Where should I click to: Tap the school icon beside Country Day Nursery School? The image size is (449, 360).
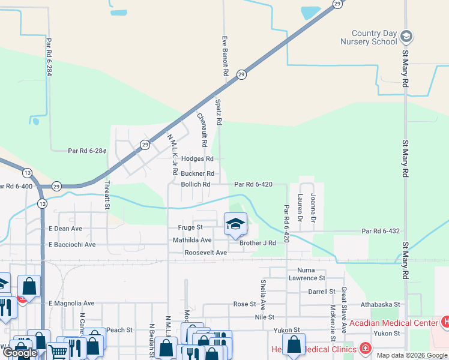click(x=406, y=37)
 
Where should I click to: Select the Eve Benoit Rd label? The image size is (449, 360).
click(x=226, y=55)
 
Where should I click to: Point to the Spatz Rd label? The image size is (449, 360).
click(x=219, y=112)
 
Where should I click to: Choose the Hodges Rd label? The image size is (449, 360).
click(x=197, y=158)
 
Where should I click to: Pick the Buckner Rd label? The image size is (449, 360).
click(x=197, y=173)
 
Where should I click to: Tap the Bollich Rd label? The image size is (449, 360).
click(x=196, y=184)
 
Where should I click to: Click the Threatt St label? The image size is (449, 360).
click(x=108, y=194)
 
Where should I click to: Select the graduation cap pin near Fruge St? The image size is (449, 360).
click(x=235, y=224)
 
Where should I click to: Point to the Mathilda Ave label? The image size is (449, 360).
click(x=193, y=240)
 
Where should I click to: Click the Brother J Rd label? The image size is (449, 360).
click(x=258, y=243)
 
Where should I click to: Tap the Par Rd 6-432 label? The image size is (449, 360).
click(x=381, y=231)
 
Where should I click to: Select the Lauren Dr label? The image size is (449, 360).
click(x=300, y=204)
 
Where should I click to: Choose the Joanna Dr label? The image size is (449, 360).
click(x=313, y=203)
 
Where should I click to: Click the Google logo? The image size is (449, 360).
click(x=20, y=353)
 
